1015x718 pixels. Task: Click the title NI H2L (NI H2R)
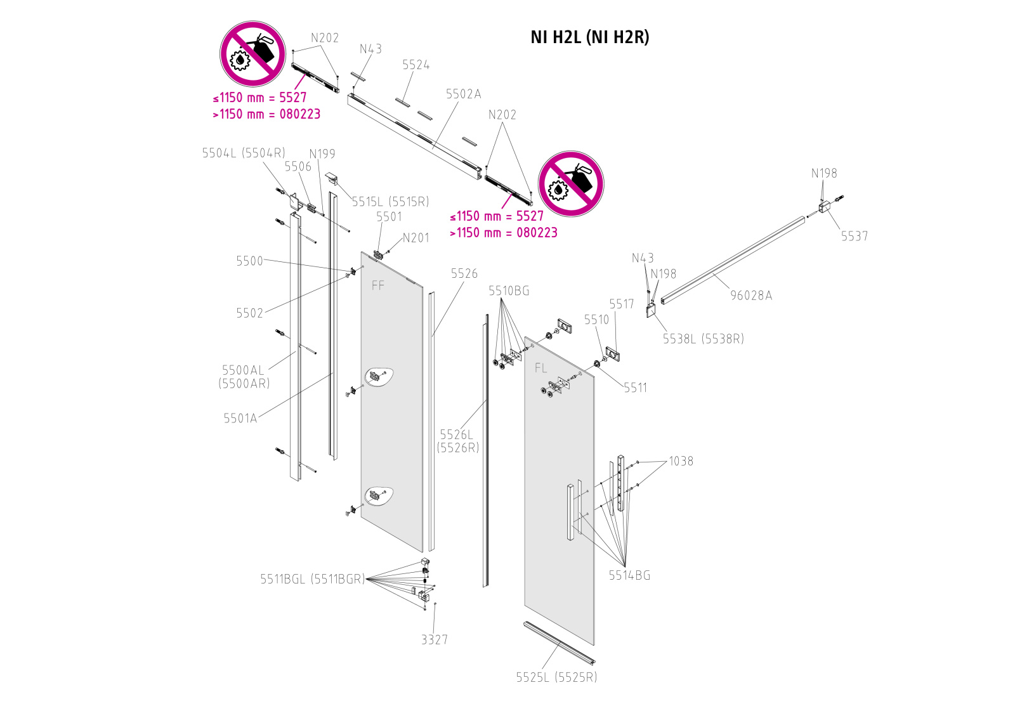pos(589,37)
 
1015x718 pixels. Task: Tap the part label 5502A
pos(463,94)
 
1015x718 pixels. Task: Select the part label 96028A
pos(751,295)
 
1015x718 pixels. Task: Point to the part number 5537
pos(854,236)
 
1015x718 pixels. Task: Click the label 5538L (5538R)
pos(703,339)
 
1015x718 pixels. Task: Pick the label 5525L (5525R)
pos(556,677)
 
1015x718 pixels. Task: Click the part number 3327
pos(435,639)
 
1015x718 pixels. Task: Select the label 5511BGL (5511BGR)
pos(312,579)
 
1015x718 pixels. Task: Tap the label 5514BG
pos(629,575)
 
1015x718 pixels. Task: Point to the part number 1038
pos(681,461)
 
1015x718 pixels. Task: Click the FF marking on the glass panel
pos(378,286)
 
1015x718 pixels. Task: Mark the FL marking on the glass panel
pos(540,368)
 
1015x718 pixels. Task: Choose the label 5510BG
pos(509,290)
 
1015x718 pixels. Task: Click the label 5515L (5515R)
pos(390,202)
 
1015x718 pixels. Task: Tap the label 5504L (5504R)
pos(244,153)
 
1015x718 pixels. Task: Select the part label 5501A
pos(240,418)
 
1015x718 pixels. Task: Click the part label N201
pos(416,238)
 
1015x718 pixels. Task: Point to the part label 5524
pos(416,65)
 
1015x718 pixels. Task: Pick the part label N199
pos(322,153)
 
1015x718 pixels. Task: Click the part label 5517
pos(621,304)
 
